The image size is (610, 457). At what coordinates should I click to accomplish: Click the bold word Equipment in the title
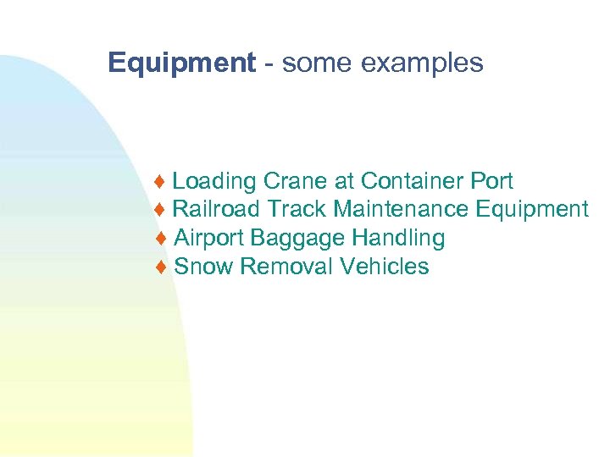(181, 63)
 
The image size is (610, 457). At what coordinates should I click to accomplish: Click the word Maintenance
(402, 209)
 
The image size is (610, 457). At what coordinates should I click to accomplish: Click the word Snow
(203, 267)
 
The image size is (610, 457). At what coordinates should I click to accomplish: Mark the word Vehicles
(385, 267)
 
